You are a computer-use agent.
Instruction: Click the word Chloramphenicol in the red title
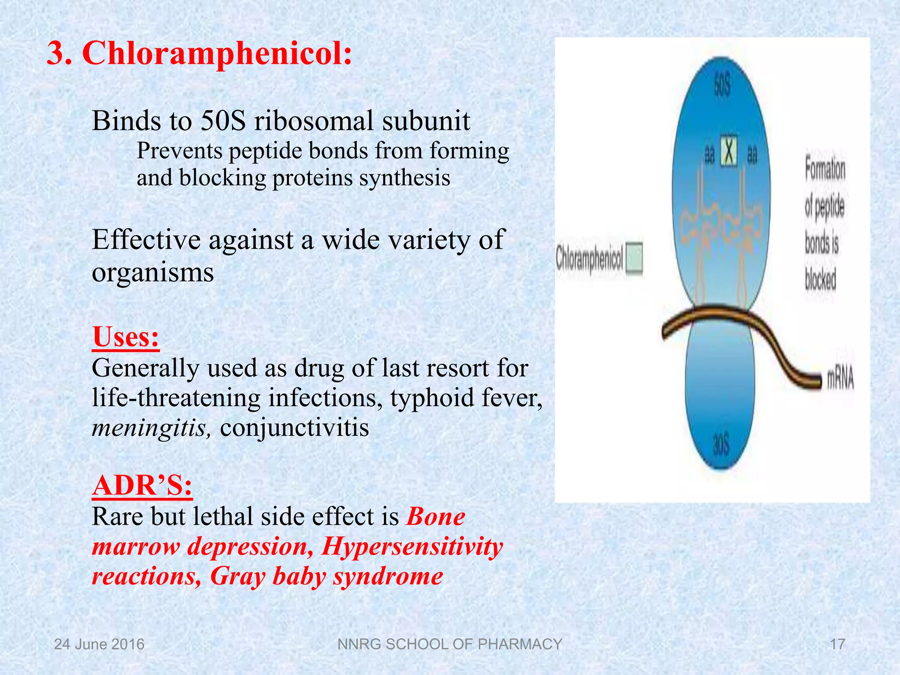(217, 54)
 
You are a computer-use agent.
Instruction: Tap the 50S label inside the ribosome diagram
(722, 86)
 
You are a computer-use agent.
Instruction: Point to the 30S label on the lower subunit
(721, 444)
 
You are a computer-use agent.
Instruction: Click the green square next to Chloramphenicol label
(634, 259)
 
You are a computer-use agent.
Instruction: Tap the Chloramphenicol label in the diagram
(589, 259)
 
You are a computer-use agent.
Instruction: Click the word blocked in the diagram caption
(820, 279)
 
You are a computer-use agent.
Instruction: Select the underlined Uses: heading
(126, 337)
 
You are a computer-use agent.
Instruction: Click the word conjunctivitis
(294, 428)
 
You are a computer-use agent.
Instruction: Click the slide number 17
(837, 644)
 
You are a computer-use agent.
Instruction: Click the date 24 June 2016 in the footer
(99, 644)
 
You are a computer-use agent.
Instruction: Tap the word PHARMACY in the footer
(520, 644)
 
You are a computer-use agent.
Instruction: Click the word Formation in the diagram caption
(825, 170)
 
